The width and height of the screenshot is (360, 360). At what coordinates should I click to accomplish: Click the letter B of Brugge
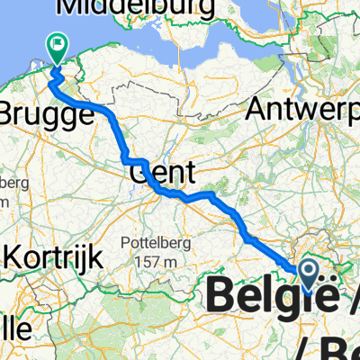[x=10, y=115]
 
